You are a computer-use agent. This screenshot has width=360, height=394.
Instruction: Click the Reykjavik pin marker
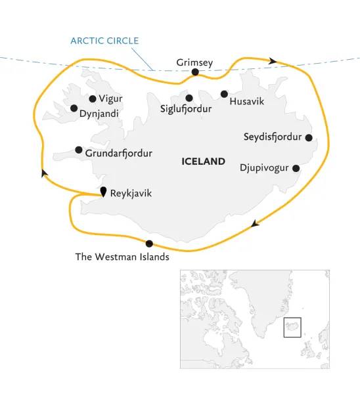click(103, 191)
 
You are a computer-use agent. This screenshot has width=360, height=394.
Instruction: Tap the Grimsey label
click(195, 62)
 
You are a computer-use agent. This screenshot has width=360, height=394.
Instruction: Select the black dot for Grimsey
click(195, 72)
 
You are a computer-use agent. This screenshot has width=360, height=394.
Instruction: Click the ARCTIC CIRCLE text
click(105, 41)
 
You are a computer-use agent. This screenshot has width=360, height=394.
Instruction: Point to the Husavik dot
click(224, 94)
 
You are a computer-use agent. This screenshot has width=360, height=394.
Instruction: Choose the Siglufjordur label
click(186, 109)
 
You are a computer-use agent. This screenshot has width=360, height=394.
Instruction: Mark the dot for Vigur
click(92, 99)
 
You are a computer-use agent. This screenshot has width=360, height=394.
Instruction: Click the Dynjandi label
click(100, 112)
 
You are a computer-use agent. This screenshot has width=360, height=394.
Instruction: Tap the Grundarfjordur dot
click(79, 150)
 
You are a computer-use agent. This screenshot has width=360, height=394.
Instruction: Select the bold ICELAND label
click(202, 161)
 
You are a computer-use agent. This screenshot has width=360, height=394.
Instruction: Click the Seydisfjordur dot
click(309, 138)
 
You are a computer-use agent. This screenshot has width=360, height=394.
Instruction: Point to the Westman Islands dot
click(149, 244)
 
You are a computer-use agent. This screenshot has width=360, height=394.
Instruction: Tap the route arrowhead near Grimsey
click(273, 60)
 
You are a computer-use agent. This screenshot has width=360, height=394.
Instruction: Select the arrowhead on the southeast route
click(256, 224)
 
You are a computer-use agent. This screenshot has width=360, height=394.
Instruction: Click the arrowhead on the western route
click(43, 173)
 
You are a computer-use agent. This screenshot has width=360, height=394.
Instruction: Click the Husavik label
click(248, 102)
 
